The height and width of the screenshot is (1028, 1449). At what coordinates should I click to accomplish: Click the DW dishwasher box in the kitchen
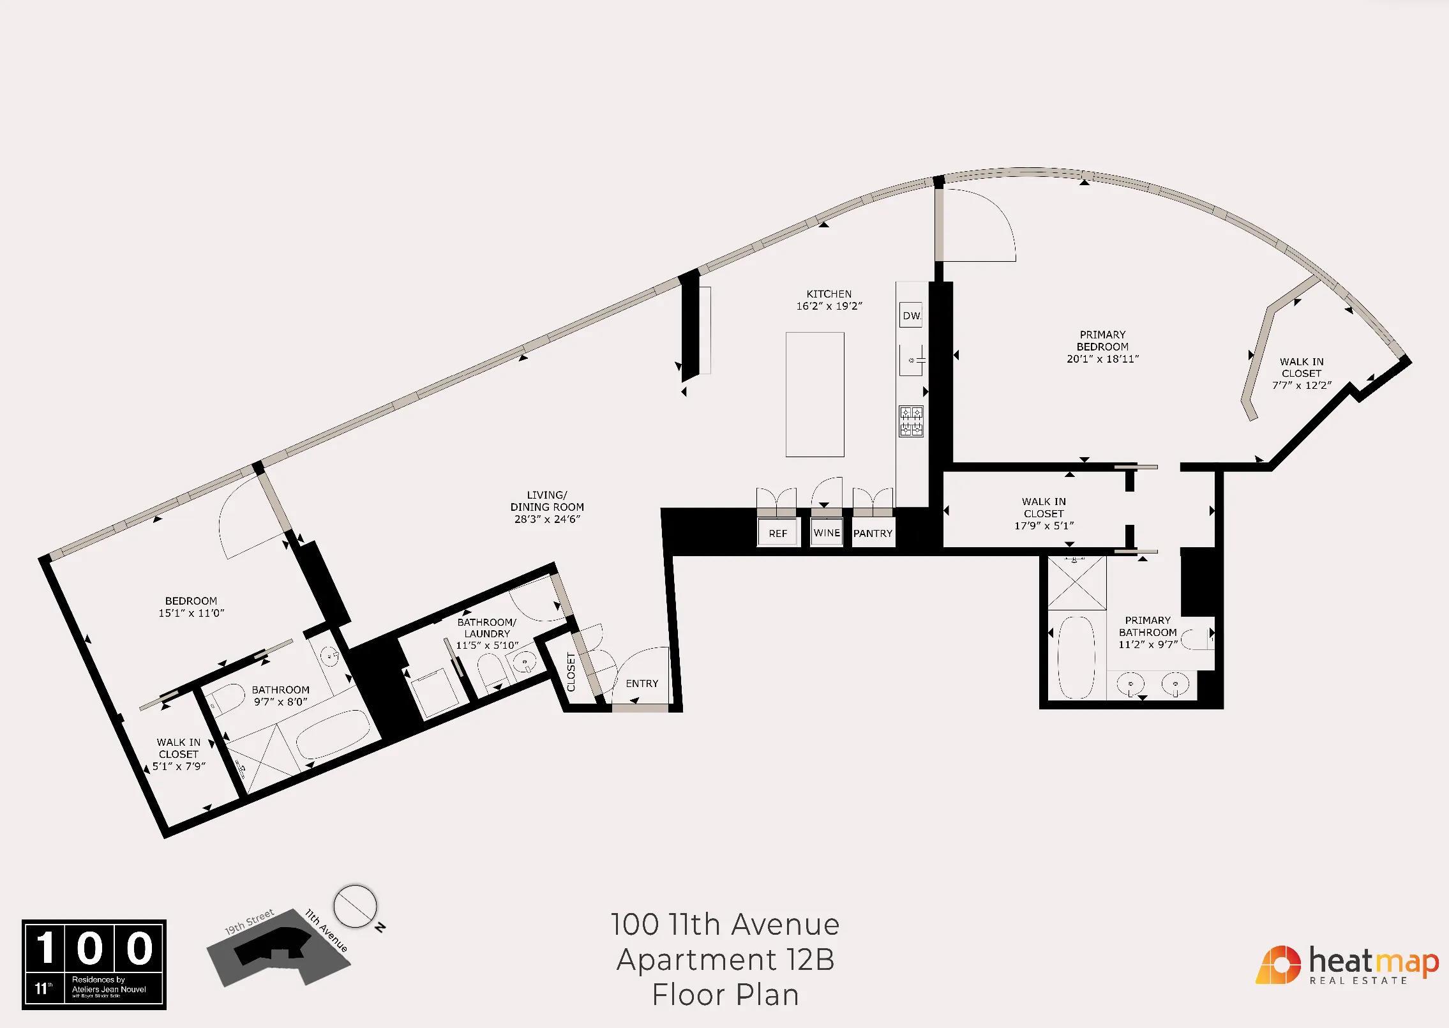[x=911, y=315]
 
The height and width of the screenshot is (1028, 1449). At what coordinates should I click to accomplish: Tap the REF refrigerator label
[x=777, y=533]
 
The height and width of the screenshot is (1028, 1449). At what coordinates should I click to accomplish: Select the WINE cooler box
[x=827, y=533]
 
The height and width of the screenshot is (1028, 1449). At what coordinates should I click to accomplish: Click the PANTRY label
[x=873, y=533]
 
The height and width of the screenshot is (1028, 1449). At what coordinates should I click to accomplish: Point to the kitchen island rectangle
[x=815, y=394]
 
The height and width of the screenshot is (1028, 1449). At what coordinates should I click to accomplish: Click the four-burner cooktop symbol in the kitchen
[x=911, y=421]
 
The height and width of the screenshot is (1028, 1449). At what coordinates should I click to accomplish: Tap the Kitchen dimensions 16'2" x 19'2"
[x=829, y=306]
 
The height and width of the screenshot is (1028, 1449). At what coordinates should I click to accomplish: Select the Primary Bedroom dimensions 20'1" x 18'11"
[x=1102, y=359]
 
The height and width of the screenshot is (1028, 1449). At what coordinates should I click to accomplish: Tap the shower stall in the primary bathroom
[x=1077, y=583]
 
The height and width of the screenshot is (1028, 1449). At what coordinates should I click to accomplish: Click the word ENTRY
[x=642, y=683]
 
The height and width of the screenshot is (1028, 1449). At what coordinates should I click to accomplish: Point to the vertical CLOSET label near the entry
[x=571, y=672]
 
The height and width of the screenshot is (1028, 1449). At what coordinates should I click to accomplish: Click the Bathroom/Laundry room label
[x=487, y=628]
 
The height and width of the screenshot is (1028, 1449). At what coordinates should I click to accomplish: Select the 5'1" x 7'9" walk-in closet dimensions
[x=179, y=766]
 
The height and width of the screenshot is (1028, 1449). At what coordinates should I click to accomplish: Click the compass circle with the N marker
[x=355, y=906]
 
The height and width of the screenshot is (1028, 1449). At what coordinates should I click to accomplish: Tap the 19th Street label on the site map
[x=249, y=922]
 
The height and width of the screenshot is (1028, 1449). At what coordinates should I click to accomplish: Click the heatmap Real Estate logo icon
[x=1278, y=965]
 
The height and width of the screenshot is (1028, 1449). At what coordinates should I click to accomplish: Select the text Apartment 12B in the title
[x=725, y=960]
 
